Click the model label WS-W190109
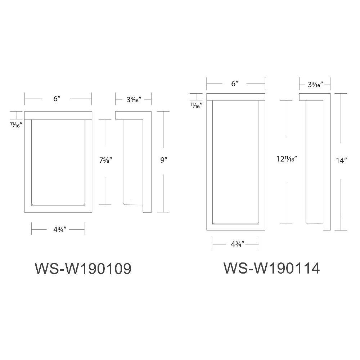tap(82, 269)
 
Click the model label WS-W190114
tap(272, 268)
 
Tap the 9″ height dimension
tap(164, 161)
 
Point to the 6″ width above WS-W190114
tap(235, 84)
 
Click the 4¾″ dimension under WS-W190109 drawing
tap(58, 230)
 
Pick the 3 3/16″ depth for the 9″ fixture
tap(133, 98)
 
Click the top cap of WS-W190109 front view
tap(58, 115)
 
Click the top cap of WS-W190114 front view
tap(236, 96)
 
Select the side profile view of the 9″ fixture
tap(134, 162)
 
